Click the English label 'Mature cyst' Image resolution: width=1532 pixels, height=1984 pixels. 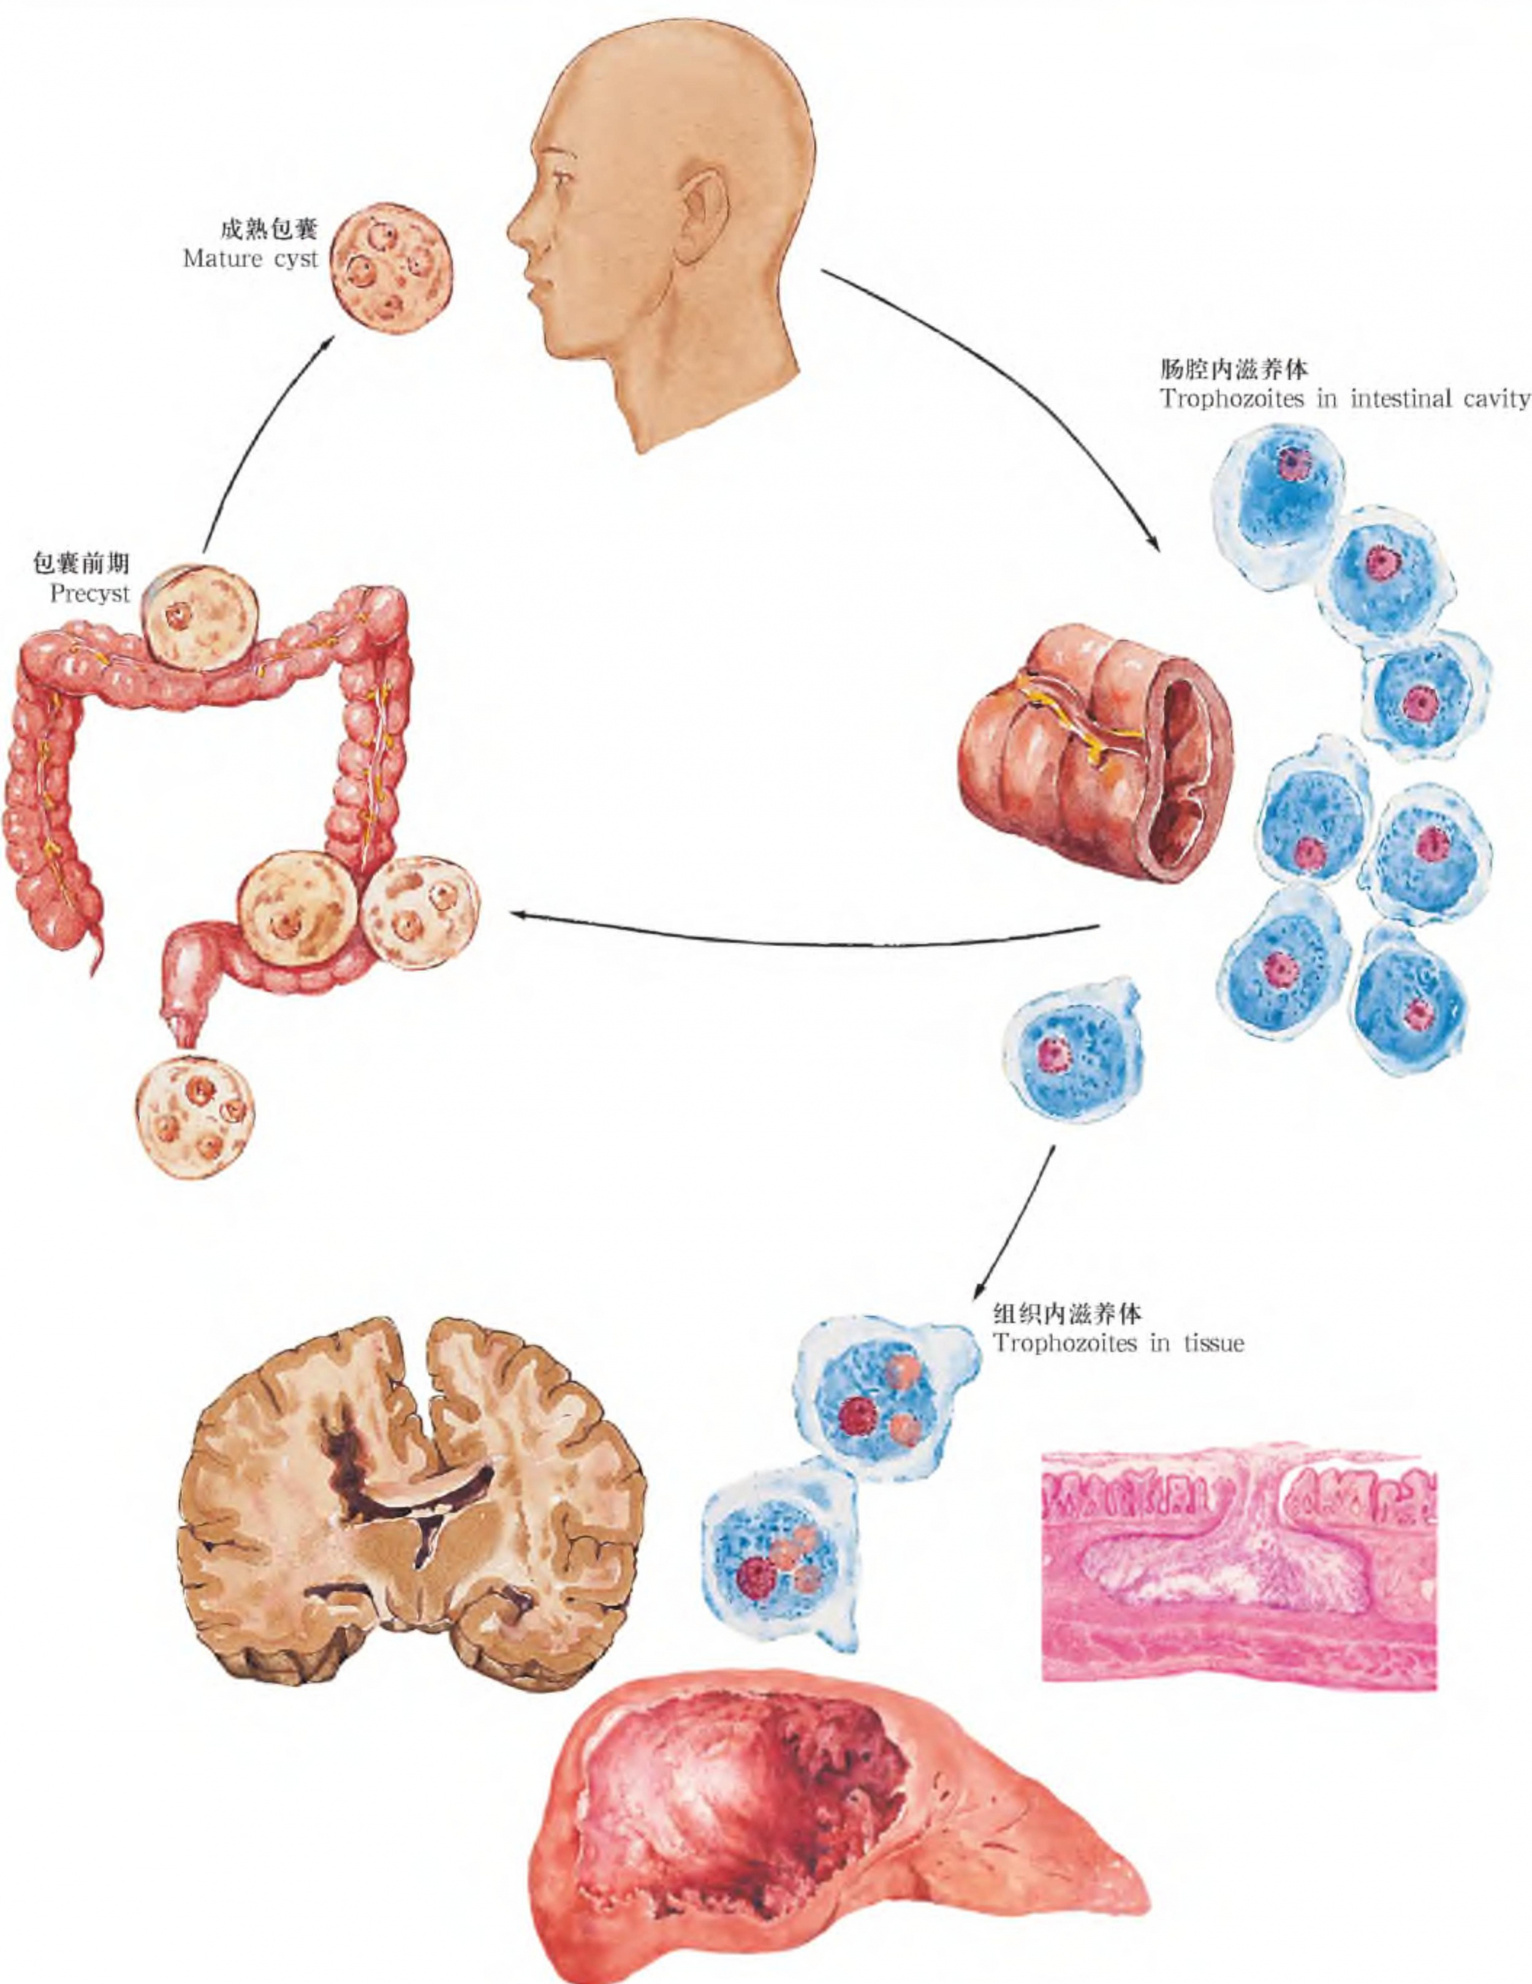pyautogui.click(x=250, y=259)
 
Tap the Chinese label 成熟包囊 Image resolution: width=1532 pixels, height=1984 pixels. pyautogui.click(x=270, y=228)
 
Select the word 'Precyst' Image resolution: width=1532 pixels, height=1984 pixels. pyautogui.click(x=90, y=594)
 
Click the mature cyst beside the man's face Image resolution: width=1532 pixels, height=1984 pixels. pyautogui.click(x=391, y=268)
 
